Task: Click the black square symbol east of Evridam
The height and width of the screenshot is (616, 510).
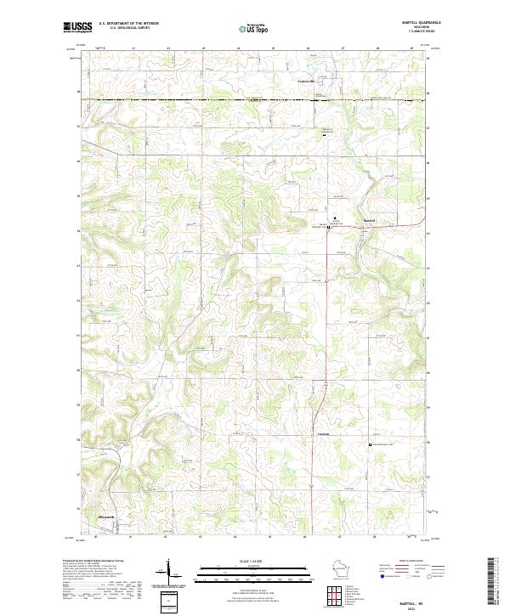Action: [369, 444]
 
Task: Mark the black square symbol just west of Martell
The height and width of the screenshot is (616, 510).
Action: [329, 227]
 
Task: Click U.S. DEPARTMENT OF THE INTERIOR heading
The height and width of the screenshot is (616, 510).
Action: [128, 23]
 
